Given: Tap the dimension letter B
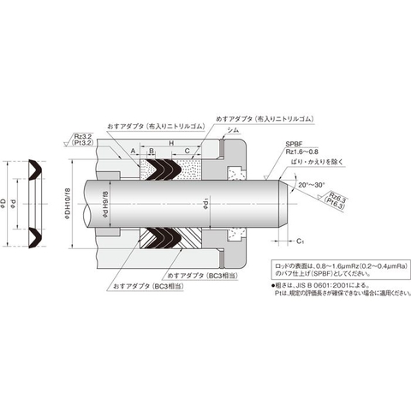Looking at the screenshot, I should (152, 151).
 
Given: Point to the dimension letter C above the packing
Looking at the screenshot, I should (188, 151).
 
